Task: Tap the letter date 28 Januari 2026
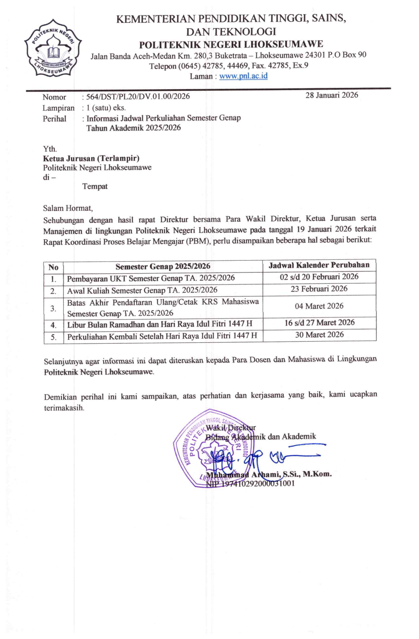click(332, 95)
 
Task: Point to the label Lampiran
click(58, 108)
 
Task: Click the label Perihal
click(54, 118)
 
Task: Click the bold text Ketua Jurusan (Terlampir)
click(91, 158)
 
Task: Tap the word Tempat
click(95, 186)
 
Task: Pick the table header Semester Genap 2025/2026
click(163, 266)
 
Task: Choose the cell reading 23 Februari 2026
click(319, 289)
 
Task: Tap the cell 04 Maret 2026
click(319, 306)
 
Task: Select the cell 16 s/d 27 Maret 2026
click(319, 322)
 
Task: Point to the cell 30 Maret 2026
click(319, 334)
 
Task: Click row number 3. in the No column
click(53, 308)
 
